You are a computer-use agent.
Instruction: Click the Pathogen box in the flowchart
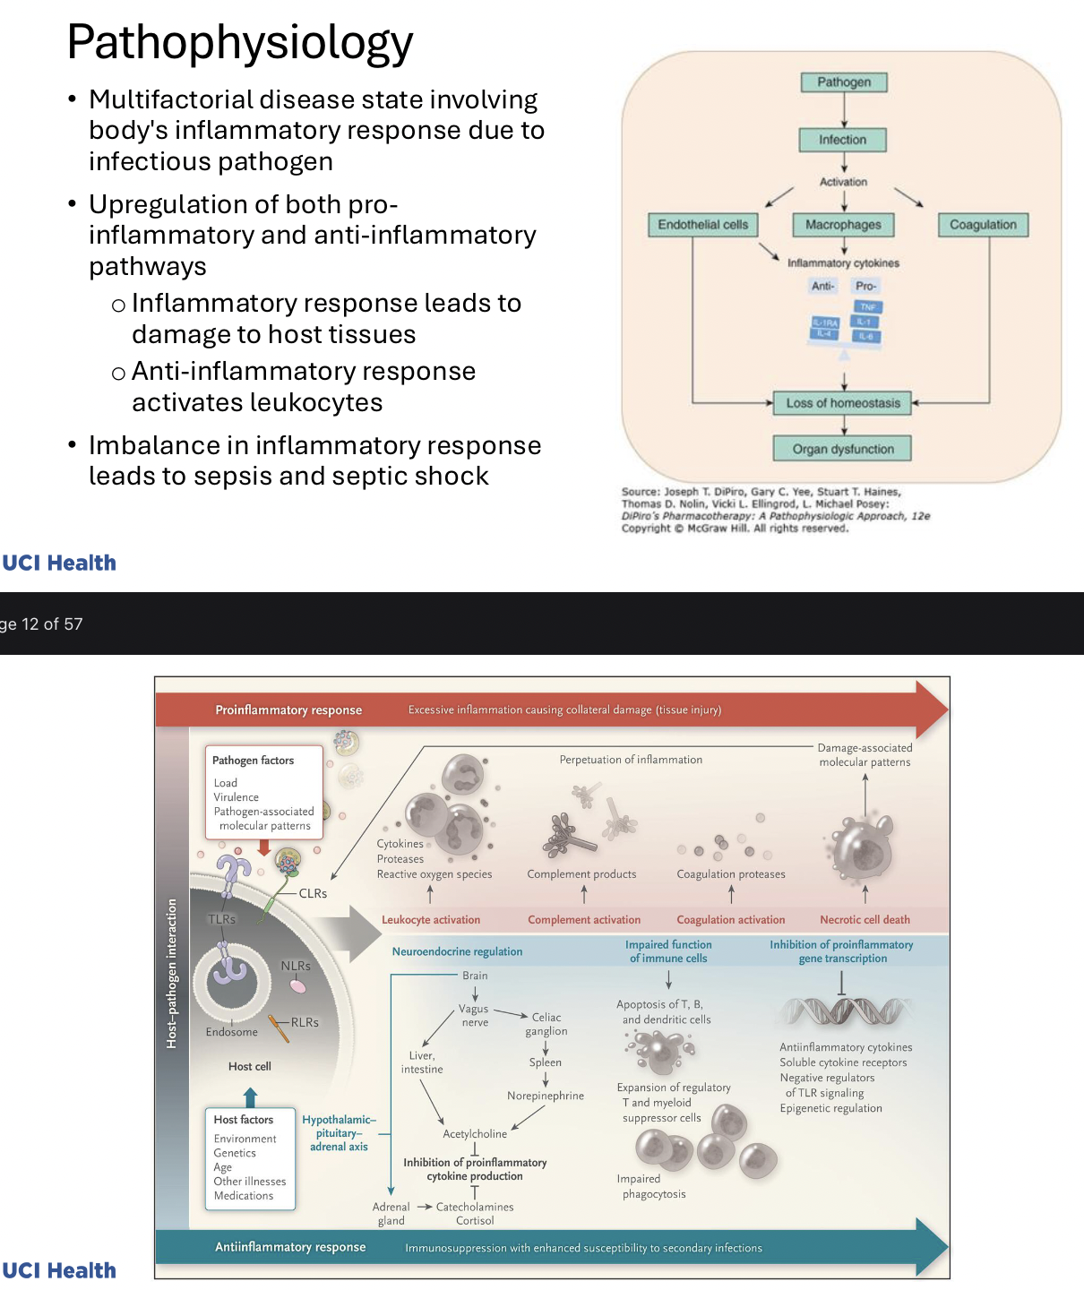point(843,82)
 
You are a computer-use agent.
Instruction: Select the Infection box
point(842,140)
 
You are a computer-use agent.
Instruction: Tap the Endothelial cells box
point(702,225)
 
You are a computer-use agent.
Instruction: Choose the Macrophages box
point(843,225)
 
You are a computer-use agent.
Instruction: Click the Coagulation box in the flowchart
point(983,225)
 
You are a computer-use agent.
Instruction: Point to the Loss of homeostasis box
point(842,403)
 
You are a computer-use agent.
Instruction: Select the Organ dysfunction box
point(842,449)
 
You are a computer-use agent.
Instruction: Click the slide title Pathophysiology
point(240,42)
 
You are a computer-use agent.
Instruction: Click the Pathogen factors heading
point(253,761)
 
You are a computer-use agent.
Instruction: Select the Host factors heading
point(244,1120)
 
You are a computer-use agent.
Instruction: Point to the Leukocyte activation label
point(431,920)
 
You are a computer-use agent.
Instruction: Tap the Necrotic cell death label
point(865,920)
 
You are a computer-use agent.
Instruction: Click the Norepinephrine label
point(546,1096)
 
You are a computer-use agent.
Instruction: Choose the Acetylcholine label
point(475,1134)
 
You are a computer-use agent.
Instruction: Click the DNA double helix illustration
point(844,1011)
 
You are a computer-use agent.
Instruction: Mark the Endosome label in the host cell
point(231,1032)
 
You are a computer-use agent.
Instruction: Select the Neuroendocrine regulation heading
point(457,951)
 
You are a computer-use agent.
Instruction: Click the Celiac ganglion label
point(546,1024)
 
